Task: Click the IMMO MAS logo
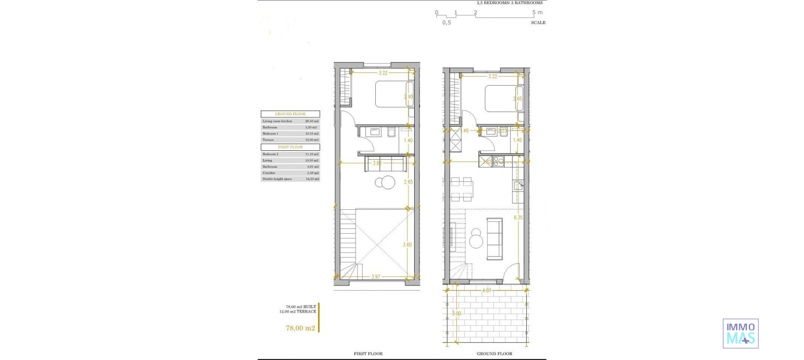740,333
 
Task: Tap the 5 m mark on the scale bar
537,13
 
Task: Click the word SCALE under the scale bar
538,23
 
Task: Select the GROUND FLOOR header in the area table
290,114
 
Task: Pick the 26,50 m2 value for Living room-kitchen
312,121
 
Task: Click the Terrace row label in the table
268,140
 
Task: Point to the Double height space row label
277,179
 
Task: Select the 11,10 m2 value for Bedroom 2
312,154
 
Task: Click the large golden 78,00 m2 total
300,328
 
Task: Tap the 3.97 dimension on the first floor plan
376,277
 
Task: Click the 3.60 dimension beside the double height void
407,245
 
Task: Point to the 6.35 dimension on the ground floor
518,218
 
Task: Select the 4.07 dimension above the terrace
487,291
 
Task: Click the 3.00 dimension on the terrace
456,314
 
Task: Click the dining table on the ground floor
462,188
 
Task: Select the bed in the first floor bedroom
394,94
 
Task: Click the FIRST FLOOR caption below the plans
368,354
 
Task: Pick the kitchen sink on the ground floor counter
518,186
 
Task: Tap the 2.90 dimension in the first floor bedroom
408,97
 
